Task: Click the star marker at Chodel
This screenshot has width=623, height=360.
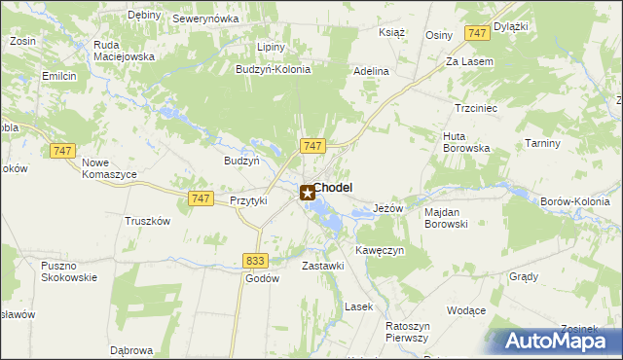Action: click(x=308, y=194)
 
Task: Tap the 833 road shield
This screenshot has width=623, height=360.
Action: click(x=256, y=260)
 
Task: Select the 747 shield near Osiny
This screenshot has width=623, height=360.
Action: click(x=476, y=34)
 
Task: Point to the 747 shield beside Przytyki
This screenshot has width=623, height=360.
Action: click(x=201, y=198)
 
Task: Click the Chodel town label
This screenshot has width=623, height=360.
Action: click(x=333, y=188)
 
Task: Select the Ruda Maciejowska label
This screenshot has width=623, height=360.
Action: click(x=125, y=51)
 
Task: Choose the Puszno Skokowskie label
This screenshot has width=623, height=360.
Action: click(x=68, y=271)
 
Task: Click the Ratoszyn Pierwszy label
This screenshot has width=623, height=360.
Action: click(x=407, y=332)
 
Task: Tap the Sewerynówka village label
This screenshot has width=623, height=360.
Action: click(x=205, y=18)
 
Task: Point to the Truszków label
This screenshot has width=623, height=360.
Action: click(x=147, y=221)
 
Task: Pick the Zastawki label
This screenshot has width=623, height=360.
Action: click(x=323, y=266)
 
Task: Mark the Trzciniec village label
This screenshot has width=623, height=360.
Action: click(x=476, y=108)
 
